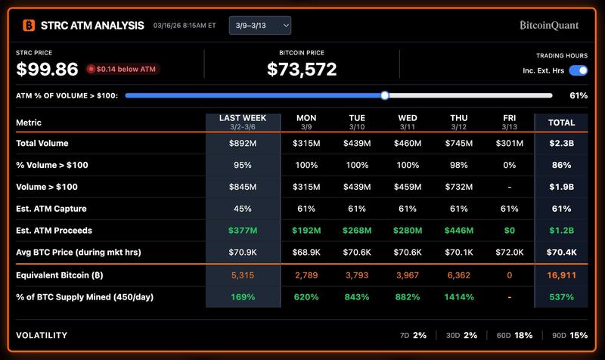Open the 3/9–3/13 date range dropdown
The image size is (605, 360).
(x=259, y=26)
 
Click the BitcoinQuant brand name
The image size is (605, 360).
(x=549, y=26)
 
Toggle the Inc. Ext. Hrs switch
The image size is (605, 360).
(x=578, y=70)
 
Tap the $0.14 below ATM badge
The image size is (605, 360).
(x=123, y=70)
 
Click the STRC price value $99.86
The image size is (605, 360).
(x=48, y=70)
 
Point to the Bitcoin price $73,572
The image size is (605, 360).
(x=302, y=70)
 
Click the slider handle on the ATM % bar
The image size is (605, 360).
(x=385, y=95)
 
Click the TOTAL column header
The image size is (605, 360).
(x=561, y=123)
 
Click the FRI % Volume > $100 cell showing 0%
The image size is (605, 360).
(x=510, y=165)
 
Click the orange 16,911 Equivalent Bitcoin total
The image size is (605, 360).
(x=561, y=275)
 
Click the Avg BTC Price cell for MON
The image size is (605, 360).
(x=306, y=253)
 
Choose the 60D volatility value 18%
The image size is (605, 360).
(x=523, y=335)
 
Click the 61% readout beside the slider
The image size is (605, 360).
(x=579, y=96)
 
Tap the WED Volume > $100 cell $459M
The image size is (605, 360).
(x=408, y=187)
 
